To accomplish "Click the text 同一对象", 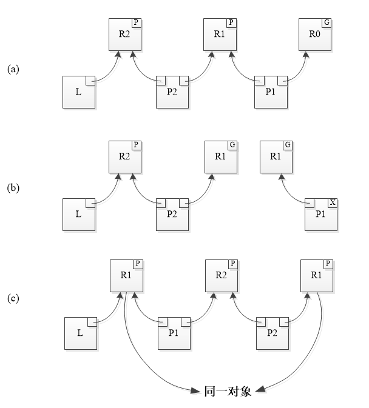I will pos(228,391).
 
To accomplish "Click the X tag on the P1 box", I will pos(332,202).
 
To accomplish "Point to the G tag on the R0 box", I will pos(327,23).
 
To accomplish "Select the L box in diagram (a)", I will pos(79,92).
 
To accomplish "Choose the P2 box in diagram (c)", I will pos(273,333).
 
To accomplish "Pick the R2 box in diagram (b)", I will pos(124,156).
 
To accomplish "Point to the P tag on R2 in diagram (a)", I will pos(135,23).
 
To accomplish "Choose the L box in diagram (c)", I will pos(80,333).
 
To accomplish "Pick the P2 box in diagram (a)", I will pos(172,92).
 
